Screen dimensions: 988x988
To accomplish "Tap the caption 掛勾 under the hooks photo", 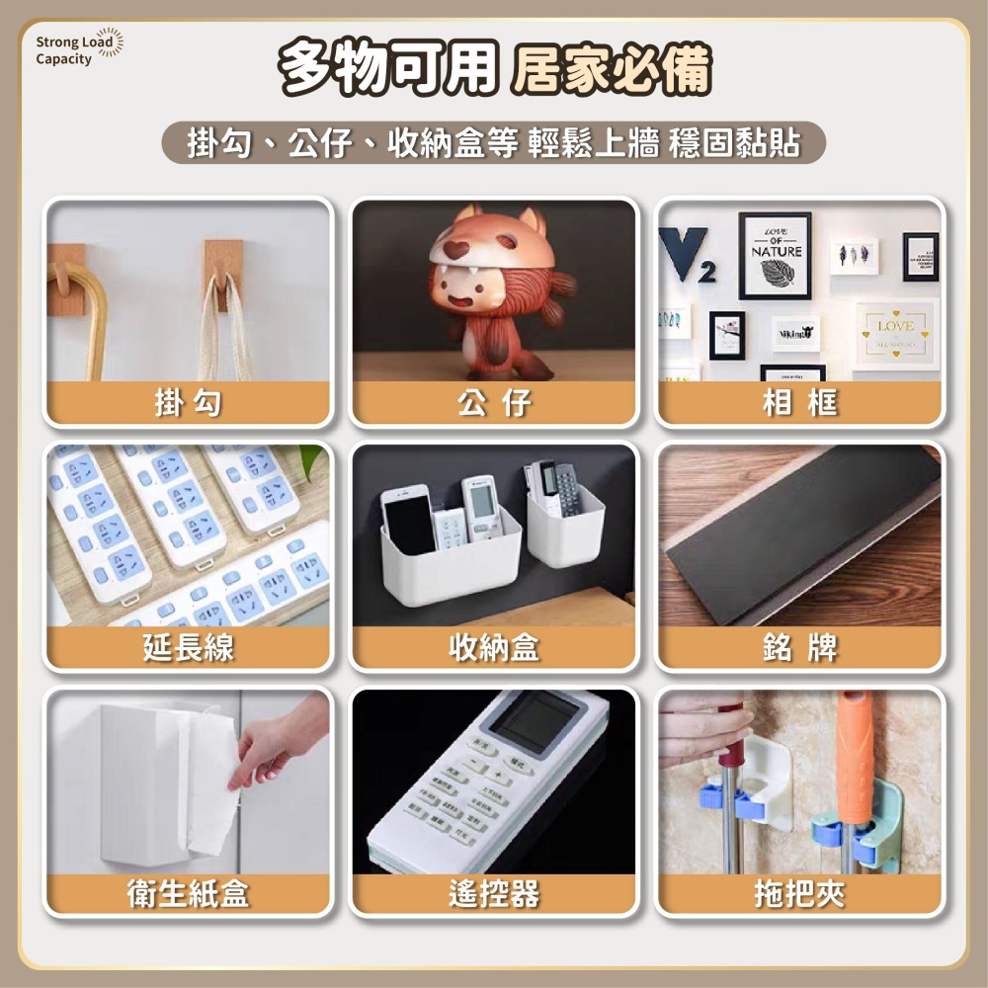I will click(188, 402).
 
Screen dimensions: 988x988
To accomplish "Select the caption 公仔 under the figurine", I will click(494, 402).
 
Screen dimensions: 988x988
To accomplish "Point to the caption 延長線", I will click(188, 647).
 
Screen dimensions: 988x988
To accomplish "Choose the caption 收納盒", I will click(494, 647).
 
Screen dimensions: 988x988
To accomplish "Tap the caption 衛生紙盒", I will click(188, 893).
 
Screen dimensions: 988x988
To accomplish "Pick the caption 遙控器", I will click(494, 893).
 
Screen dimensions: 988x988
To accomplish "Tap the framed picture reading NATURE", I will click(776, 255).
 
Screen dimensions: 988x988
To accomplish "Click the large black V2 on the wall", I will click(688, 253).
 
